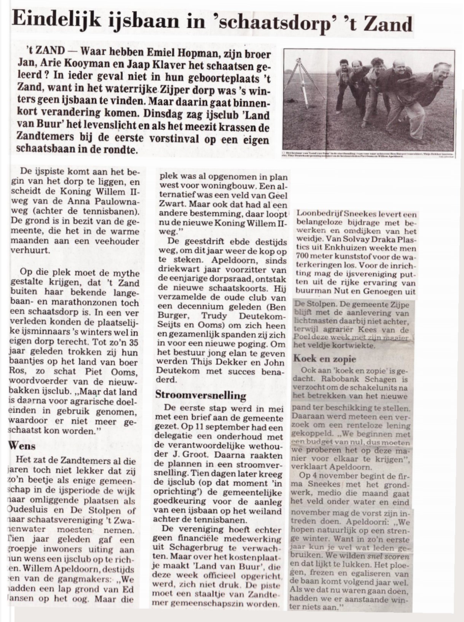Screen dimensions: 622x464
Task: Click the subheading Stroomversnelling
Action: coord(201,395)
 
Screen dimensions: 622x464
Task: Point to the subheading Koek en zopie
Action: coord(324,358)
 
